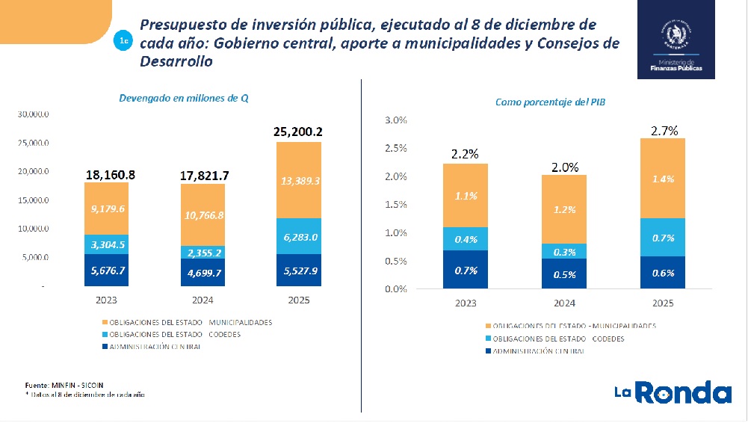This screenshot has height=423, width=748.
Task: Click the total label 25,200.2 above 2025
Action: coord(298,132)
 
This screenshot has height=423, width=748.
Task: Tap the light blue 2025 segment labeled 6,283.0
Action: coord(298,236)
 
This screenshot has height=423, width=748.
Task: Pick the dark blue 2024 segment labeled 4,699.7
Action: coord(203,273)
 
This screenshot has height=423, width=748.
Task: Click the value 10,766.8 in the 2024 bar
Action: coord(203,214)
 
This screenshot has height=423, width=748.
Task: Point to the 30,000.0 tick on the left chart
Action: coord(33,115)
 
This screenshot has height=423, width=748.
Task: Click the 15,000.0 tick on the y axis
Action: coord(33,200)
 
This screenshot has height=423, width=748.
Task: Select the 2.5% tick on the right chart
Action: coord(395,148)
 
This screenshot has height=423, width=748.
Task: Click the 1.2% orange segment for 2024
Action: coord(564,209)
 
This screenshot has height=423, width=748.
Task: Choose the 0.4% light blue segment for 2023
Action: coord(465,239)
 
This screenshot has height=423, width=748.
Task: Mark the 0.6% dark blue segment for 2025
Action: coord(664,273)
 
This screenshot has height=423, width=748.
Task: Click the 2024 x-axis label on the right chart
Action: coord(564,304)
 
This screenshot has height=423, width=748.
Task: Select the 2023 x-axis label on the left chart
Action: coord(107,300)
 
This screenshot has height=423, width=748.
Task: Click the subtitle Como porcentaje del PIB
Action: coord(549,102)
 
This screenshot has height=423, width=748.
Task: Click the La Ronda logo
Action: coord(673,392)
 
